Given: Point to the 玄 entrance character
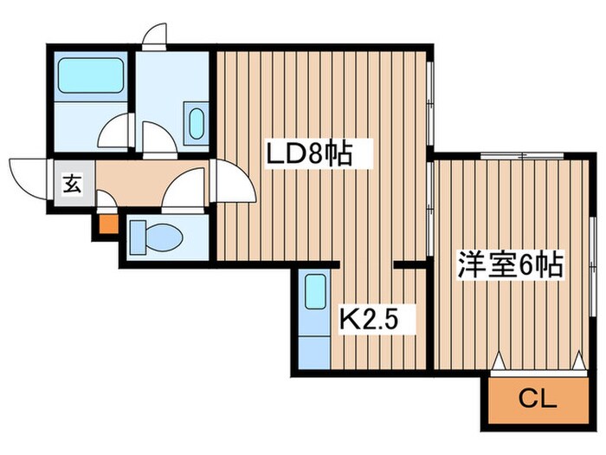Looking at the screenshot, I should [x=71, y=184].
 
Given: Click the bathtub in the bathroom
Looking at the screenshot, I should [x=90, y=77].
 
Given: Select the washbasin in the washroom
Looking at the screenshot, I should [x=197, y=124].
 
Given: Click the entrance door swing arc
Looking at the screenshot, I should [x=26, y=178].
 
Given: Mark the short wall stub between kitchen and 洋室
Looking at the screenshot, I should [x=407, y=263].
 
